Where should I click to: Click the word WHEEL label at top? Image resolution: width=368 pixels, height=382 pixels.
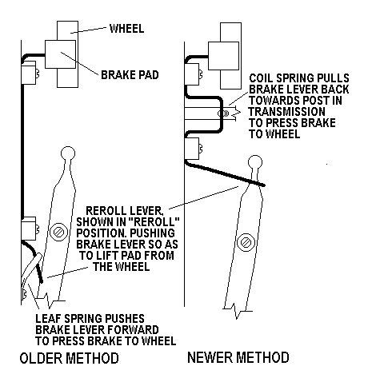127,29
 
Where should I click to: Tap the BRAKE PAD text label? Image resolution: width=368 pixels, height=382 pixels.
130,75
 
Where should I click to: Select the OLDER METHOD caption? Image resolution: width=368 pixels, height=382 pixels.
70,358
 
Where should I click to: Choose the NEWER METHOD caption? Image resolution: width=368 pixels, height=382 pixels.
238,357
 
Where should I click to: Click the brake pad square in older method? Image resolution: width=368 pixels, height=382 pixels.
60,54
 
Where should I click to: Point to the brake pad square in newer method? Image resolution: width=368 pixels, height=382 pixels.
223,56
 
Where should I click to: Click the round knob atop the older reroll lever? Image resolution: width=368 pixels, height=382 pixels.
68,153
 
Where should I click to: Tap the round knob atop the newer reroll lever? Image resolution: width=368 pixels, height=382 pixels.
255,162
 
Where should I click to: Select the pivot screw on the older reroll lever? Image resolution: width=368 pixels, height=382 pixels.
58,232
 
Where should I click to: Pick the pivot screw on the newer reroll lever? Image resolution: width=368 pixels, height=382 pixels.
246,242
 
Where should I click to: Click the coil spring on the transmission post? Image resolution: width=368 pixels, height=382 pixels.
223,113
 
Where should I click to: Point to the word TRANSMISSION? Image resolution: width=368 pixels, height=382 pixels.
287,111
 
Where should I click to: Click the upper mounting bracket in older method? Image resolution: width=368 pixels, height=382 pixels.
29,73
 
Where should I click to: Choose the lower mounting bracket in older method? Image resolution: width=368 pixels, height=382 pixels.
29,229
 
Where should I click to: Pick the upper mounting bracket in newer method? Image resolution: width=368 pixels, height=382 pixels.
192,74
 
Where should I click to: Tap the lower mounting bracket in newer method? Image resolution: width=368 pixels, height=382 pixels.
192,149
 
